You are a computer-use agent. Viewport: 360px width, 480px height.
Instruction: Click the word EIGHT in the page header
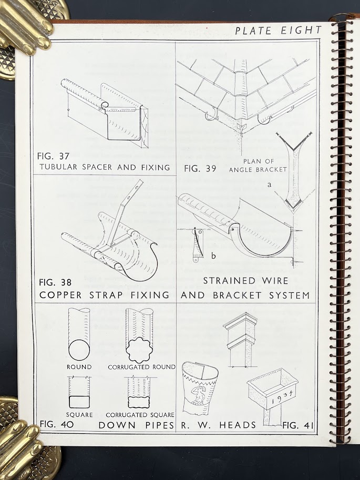click(x=301, y=30)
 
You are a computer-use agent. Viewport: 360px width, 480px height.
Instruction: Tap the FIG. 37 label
click(x=54, y=156)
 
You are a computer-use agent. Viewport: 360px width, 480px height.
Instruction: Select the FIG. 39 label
click(x=200, y=169)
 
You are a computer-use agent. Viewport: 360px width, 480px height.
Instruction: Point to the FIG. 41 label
click(x=297, y=425)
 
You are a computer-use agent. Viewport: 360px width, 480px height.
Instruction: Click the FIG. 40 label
click(x=57, y=424)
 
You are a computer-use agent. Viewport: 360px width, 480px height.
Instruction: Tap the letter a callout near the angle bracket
click(x=270, y=185)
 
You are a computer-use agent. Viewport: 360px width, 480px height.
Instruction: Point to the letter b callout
click(x=213, y=256)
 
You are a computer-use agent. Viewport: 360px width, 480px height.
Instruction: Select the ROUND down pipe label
click(x=79, y=367)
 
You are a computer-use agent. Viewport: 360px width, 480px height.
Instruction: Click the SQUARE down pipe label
click(x=79, y=415)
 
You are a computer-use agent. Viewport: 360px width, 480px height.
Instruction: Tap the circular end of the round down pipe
click(x=79, y=350)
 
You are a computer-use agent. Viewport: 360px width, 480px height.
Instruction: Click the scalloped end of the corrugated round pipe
click(x=139, y=350)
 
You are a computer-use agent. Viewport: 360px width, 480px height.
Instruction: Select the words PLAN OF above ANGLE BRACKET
click(x=259, y=161)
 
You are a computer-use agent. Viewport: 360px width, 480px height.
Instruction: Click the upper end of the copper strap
click(x=140, y=182)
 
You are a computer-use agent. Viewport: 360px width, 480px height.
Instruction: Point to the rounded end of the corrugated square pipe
click(x=139, y=402)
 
